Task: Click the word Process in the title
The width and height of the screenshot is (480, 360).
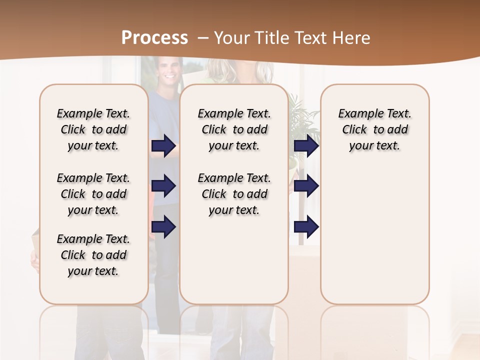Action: click(154, 37)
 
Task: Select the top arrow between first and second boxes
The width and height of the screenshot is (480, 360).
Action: click(163, 145)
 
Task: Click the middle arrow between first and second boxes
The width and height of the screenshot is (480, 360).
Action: click(163, 186)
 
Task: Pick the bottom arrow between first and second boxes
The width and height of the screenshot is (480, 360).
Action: click(163, 226)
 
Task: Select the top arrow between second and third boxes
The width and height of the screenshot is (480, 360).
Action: click(306, 145)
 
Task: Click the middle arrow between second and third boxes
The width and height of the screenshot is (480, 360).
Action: click(306, 186)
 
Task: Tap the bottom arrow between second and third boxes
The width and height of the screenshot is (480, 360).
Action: click(306, 226)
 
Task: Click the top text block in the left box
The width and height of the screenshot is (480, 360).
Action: click(93, 129)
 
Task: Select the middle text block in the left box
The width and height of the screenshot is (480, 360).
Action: click(93, 194)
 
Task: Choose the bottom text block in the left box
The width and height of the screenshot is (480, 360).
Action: click(93, 255)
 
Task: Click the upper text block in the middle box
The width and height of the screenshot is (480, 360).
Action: click(234, 129)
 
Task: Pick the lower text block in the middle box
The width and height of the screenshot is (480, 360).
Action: click(234, 194)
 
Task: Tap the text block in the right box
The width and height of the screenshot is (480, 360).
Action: click(374, 129)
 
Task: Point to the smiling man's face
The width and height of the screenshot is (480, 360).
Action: click(169, 71)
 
